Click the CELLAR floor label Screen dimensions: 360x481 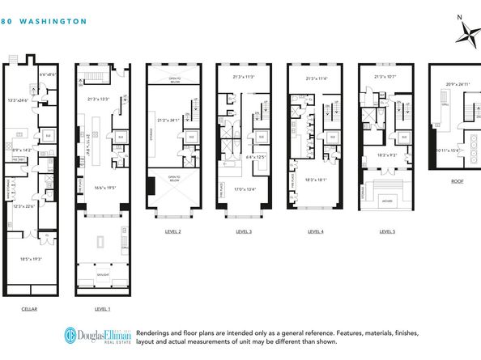point(32,309)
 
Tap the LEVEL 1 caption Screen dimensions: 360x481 point(101,309)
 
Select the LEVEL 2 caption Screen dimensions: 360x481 point(172,231)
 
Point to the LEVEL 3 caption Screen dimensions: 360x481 point(244,231)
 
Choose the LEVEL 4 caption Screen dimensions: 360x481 point(315,231)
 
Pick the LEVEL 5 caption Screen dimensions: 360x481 point(387,231)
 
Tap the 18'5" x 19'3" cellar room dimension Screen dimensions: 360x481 point(32,259)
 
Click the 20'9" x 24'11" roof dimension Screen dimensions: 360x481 point(458,83)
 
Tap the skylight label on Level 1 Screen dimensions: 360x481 point(101,275)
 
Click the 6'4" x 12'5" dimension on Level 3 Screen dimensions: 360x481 point(257,157)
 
